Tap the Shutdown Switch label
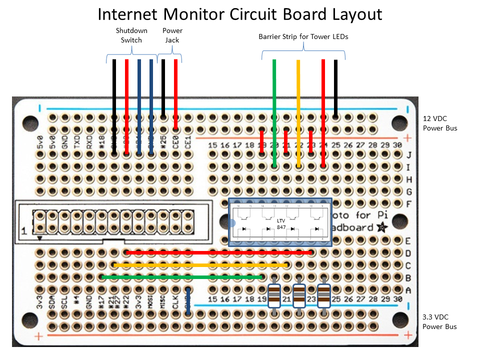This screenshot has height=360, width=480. click(x=131, y=35)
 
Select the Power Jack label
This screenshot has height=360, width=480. click(x=172, y=35)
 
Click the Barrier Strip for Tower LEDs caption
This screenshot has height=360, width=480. click(x=303, y=36)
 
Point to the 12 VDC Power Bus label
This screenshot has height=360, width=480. click(x=440, y=124)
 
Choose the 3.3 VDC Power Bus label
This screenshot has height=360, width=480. click(x=440, y=322)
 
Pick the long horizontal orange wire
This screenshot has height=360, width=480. click(x=200, y=264)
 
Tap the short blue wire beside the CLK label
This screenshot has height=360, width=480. click(x=188, y=302)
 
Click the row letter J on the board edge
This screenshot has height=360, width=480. click(x=408, y=154)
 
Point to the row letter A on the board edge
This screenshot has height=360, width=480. click(x=408, y=289)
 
